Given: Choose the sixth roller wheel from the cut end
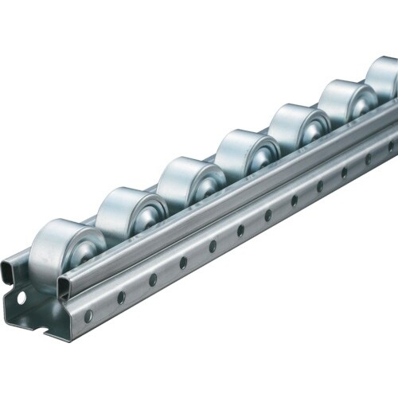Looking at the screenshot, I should click(347, 101).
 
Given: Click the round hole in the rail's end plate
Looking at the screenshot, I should click(21, 297).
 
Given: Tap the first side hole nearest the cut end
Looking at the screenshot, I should click(88, 316).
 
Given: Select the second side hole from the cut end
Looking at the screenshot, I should click(121, 297).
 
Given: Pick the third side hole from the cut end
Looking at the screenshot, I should click(153, 279).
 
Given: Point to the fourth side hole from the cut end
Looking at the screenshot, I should click(183, 262).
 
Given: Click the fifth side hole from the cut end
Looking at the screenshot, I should click(213, 246).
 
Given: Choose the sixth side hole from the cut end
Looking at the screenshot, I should click(240, 230).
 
